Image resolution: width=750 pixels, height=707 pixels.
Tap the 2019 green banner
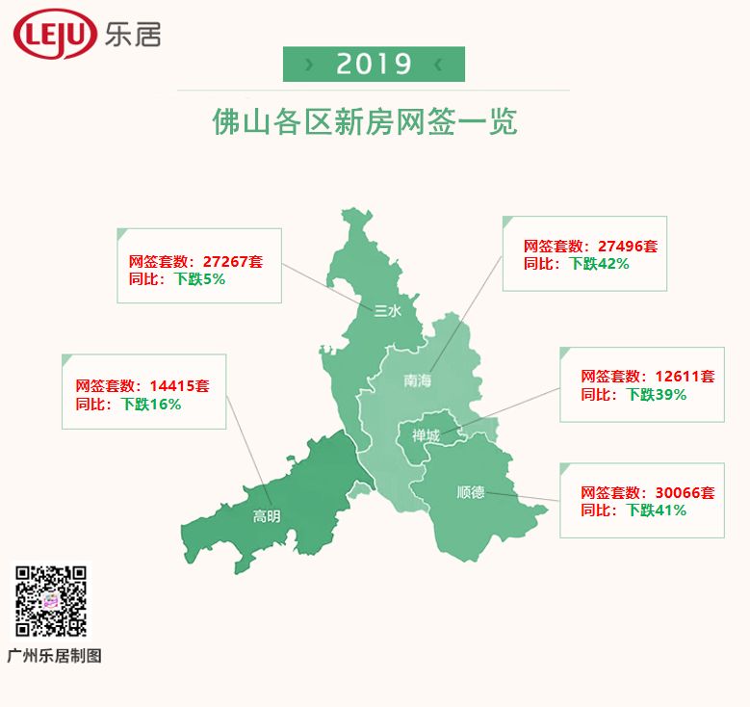(374, 65)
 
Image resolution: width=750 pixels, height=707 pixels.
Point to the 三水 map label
(386, 310)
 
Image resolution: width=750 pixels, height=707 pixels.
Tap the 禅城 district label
(426, 436)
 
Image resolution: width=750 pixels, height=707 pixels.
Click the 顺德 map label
(471, 493)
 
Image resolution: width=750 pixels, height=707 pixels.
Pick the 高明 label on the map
(267, 516)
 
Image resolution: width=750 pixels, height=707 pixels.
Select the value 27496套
(628, 247)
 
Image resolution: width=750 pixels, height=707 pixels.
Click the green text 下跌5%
(199, 279)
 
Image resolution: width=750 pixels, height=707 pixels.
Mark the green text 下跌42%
(598, 264)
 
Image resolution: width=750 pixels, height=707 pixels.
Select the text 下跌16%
(151, 405)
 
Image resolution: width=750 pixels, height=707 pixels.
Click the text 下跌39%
(656, 395)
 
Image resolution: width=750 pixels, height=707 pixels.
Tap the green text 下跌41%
(656, 511)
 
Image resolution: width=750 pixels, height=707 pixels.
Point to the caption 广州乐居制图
(54, 656)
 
